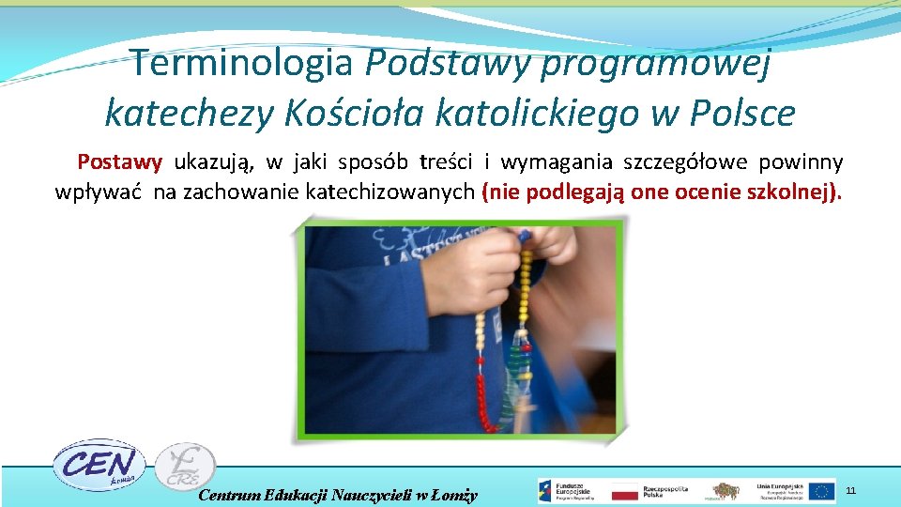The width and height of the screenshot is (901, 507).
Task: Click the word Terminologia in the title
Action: tap(242, 63)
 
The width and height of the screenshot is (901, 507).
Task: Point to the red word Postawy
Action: tap(120, 161)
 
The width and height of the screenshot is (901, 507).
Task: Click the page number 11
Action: tap(851, 490)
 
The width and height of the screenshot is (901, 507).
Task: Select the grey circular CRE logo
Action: tap(184, 467)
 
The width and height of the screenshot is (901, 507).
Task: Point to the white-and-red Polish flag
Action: tap(624, 491)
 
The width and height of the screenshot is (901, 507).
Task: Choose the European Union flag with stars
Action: tap(822, 491)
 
